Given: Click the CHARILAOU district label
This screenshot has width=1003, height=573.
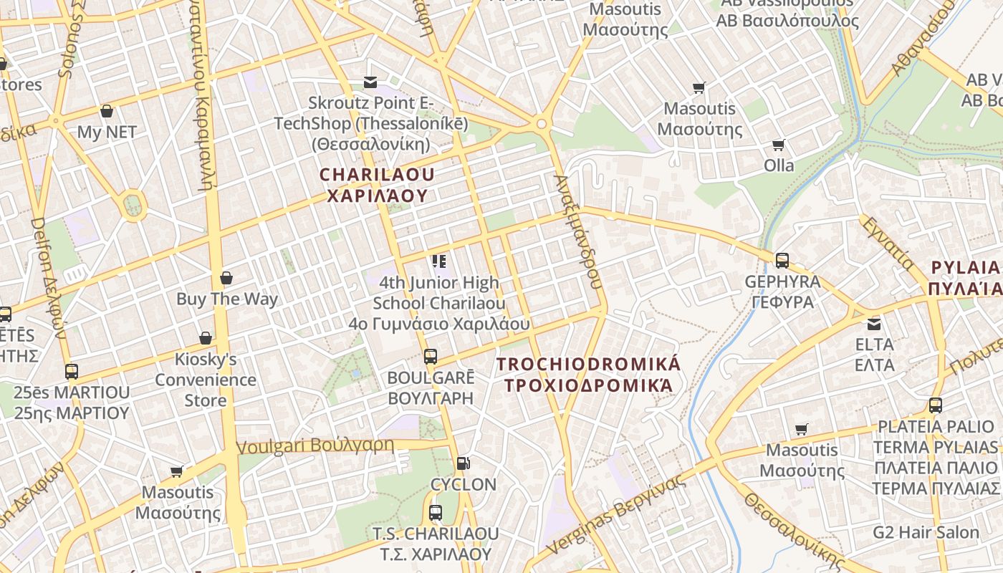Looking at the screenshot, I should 377,185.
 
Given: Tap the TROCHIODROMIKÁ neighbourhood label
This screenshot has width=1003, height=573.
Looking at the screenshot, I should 589,375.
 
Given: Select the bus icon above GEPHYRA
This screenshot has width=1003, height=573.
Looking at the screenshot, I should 782,261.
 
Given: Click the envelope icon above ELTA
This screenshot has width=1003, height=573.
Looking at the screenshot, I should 874,324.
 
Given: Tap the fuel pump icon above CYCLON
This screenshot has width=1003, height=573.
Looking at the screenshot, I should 464,463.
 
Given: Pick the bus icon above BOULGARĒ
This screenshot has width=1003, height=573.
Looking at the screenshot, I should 431,356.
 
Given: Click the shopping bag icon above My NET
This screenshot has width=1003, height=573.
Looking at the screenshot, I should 107,111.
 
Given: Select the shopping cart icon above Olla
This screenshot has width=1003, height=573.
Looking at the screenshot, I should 779,145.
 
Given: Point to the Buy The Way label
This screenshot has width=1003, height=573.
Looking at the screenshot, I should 226,299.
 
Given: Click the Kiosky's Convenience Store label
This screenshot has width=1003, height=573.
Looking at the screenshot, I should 206,380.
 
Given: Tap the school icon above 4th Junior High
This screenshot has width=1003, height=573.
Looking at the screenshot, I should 439,261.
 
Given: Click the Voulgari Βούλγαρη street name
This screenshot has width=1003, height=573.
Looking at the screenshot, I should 315,446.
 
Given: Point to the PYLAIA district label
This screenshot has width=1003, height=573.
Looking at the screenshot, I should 964,278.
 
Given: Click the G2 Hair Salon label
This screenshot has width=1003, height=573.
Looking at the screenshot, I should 926,532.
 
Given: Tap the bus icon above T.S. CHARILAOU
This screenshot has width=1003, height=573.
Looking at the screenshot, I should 435,513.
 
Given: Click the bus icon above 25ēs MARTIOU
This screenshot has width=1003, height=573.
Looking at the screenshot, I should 72,372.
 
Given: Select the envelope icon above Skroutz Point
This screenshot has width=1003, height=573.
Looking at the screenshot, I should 370,82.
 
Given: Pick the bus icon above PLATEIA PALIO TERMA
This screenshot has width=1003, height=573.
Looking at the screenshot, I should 936,405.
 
